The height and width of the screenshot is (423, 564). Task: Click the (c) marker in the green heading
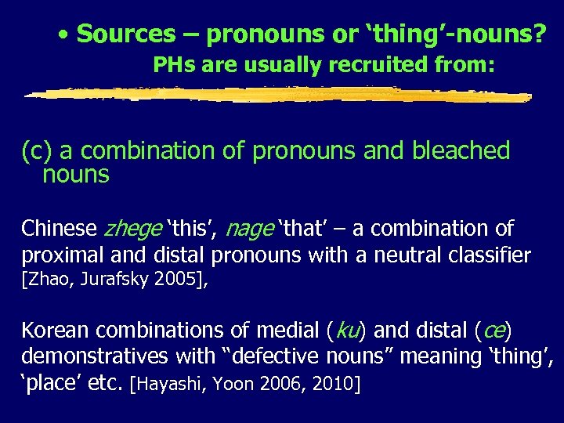point(37,151)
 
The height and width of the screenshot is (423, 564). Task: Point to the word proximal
point(60,255)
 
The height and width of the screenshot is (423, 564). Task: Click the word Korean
point(56,330)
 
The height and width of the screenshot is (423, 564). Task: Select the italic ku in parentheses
point(345,330)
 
